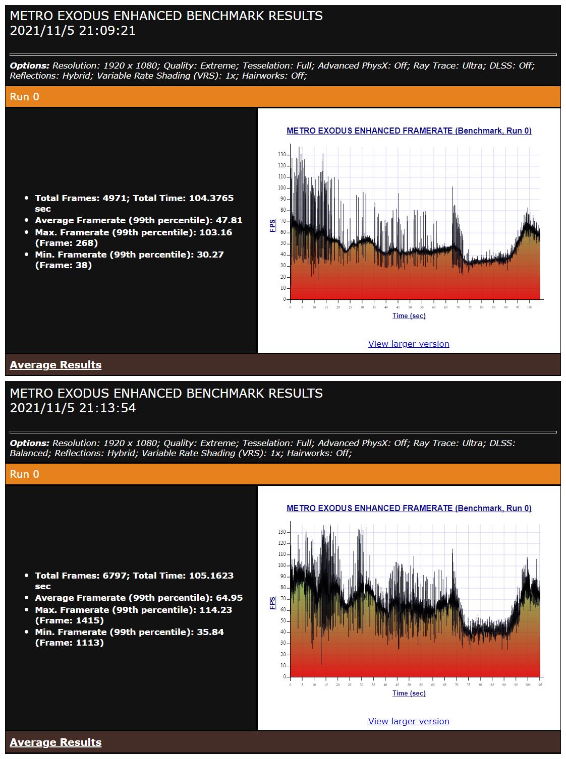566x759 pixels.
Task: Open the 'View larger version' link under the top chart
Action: point(409,344)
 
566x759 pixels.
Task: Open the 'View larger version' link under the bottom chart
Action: point(409,721)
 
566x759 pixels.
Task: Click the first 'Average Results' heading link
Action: point(55,365)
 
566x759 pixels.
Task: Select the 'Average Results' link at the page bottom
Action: point(55,742)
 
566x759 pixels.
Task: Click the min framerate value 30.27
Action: point(211,255)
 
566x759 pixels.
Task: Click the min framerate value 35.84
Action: point(211,632)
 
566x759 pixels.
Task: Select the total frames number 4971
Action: point(115,198)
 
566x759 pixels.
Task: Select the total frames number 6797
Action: point(115,576)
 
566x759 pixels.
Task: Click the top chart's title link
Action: point(409,131)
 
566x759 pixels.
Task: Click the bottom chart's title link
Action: point(409,509)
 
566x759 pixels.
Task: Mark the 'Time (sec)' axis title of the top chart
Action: point(409,316)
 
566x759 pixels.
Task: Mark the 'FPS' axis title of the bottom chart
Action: point(273,603)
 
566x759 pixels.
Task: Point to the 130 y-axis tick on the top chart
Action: point(281,155)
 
